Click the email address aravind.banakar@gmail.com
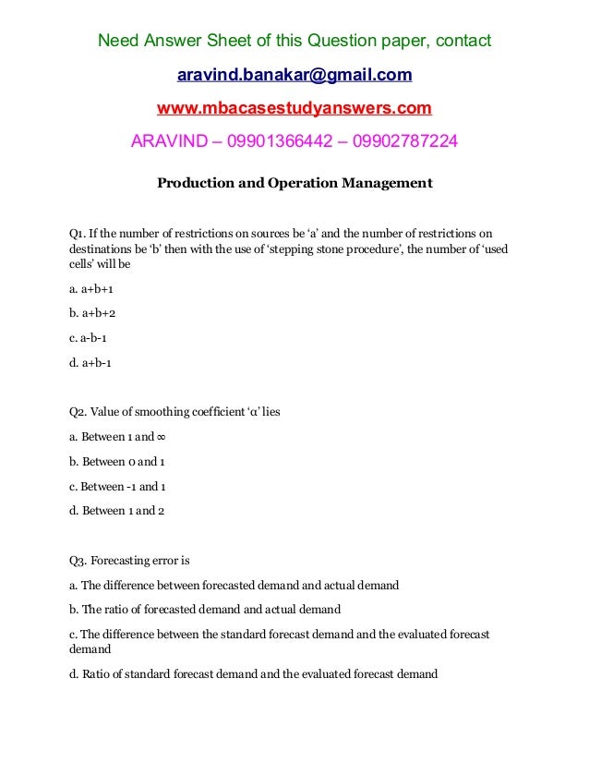point(294,75)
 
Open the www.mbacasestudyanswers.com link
point(294,109)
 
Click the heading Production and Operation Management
point(294,183)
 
